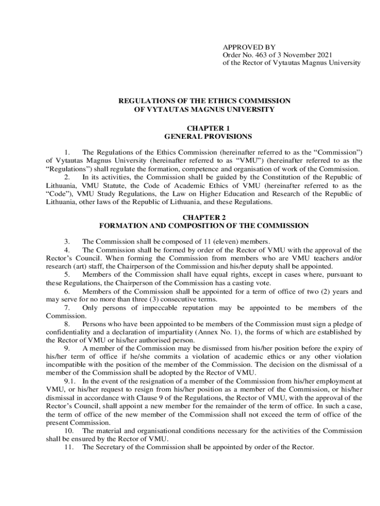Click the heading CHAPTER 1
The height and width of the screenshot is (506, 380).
[204, 128]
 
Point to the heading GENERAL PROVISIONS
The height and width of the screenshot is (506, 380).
[204, 136]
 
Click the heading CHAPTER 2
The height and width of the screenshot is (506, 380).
[204, 217]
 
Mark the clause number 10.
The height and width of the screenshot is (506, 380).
[69, 431]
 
